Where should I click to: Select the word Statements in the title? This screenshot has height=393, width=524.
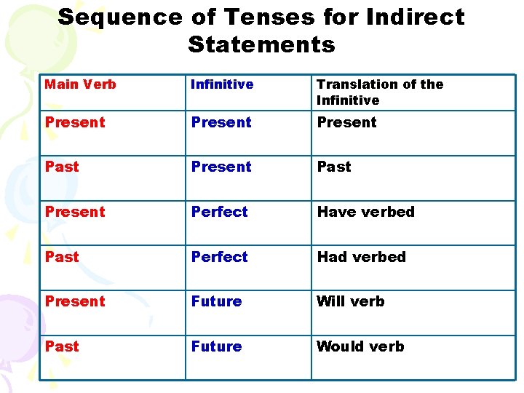[261, 44]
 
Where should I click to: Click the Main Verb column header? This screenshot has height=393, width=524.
[80, 84]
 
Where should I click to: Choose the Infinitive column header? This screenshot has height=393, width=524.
[222, 84]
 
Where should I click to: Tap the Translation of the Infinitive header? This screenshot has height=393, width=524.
[380, 92]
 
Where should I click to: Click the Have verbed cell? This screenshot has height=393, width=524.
[365, 212]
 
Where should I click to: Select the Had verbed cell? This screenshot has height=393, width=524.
[361, 257]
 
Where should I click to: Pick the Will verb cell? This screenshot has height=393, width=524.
[350, 301]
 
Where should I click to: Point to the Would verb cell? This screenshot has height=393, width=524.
[360, 346]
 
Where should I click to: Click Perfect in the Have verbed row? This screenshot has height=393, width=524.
[219, 212]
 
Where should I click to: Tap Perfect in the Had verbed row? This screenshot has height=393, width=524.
[219, 257]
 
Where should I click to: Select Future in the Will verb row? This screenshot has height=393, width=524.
[216, 301]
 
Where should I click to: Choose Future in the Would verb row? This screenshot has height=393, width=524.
[216, 346]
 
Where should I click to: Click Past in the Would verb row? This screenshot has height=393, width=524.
[62, 346]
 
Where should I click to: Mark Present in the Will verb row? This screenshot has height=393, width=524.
[75, 301]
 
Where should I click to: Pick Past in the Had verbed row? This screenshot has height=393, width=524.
[62, 257]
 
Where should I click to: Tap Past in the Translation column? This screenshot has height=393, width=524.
[334, 167]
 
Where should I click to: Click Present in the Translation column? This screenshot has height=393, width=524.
[346, 122]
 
